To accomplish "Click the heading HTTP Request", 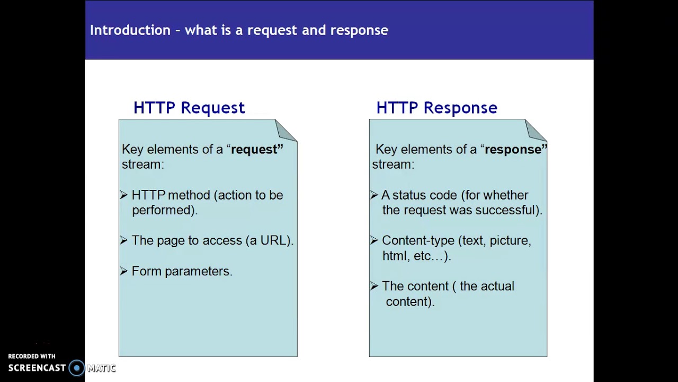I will tap(189, 108).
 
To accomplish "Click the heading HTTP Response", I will tap(436, 108).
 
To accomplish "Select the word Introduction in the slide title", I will tap(130, 30).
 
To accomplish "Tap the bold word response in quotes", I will tap(513, 150).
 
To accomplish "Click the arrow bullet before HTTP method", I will tap(124, 195).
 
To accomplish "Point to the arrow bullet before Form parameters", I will tap(124, 271).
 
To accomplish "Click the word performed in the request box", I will tap(163, 210).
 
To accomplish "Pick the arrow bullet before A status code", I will tap(374, 195).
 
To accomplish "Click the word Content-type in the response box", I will tap(418, 240).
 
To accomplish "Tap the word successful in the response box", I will tap(507, 210).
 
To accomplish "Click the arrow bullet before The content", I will tap(374, 286).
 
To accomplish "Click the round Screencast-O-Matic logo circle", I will tap(77, 368).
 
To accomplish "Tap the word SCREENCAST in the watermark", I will tap(37, 368).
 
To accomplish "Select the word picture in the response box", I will tap(509, 240).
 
